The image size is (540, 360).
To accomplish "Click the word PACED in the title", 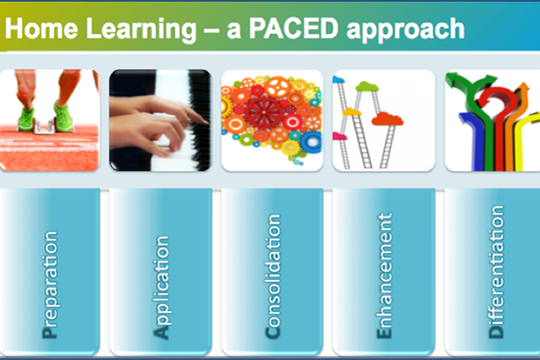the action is pos(293,28).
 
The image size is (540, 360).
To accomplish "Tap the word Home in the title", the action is pos(41,28).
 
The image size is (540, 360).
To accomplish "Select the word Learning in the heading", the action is pos(141,31).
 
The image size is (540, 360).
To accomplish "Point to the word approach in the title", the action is pos(405,31).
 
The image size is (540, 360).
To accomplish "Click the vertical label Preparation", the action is pos(49,284).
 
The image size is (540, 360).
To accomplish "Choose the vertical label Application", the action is pos(161,287).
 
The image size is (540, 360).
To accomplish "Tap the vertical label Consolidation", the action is pos(273,276).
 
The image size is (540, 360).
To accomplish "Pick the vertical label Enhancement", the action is pos(384,275).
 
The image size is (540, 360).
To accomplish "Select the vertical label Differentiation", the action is pos(496,272).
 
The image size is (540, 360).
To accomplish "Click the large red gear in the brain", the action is pos(264,112).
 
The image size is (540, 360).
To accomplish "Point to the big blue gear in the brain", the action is pos(311,142).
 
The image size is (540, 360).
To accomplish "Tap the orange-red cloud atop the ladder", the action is pos(387,119).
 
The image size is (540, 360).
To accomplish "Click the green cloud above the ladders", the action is pos(367,86).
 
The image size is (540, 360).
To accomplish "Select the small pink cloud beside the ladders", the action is pos(339,137).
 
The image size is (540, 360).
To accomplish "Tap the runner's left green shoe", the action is pos(26,118).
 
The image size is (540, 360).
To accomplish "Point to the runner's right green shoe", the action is pos(64,116).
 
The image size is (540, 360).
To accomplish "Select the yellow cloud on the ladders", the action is pos(352,112).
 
